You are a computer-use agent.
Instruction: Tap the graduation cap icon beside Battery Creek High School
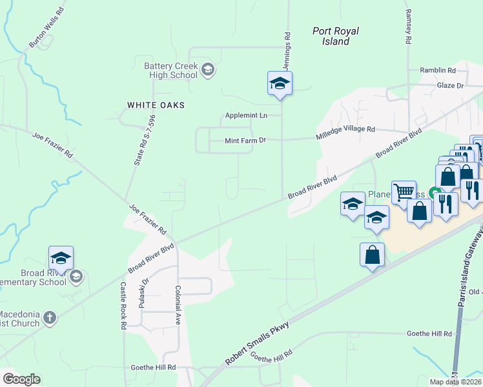(207, 69)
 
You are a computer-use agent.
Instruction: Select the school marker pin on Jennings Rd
(280, 84)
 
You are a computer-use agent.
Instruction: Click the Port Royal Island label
(335, 36)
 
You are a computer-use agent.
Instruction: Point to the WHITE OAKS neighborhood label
(156, 104)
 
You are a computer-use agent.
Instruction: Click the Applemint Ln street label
(246, 116)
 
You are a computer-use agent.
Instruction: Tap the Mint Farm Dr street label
(245, 140)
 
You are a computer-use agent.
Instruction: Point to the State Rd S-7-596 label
(145, 141)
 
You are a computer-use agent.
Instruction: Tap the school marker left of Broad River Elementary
(61, 259)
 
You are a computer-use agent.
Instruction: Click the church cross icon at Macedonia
(50, 317)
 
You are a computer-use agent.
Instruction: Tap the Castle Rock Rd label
(123, 305)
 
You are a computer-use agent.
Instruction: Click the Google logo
(22, 379)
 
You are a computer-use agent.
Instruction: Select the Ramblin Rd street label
(437, 70)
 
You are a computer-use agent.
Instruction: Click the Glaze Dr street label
(450, 85)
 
